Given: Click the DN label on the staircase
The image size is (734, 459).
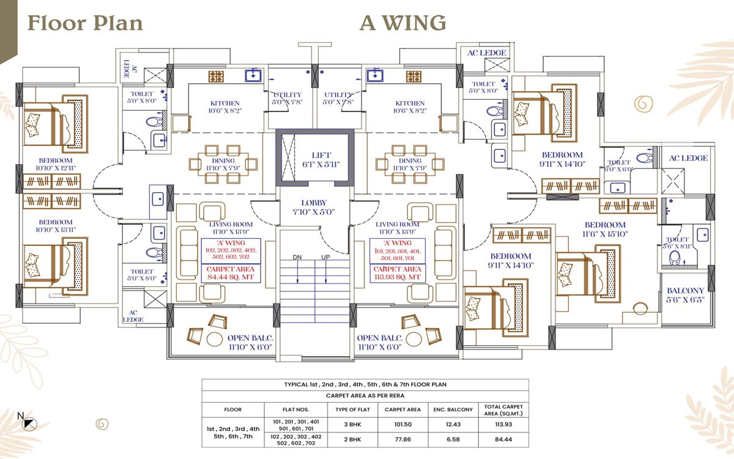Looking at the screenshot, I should tap(297, 256).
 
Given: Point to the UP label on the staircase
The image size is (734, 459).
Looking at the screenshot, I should tap(325, 256).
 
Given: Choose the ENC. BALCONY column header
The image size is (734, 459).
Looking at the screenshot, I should tap(453, 409).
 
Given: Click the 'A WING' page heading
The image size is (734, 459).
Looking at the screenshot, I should tap(402, 23).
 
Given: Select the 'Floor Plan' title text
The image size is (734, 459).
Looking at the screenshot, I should tap(85, 23).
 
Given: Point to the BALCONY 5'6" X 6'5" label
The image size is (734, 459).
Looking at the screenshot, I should tap(685, 296).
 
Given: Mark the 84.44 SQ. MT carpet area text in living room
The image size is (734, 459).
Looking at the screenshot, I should tap(231, 274).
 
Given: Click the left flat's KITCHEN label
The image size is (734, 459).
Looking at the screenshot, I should tap(225, 106).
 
